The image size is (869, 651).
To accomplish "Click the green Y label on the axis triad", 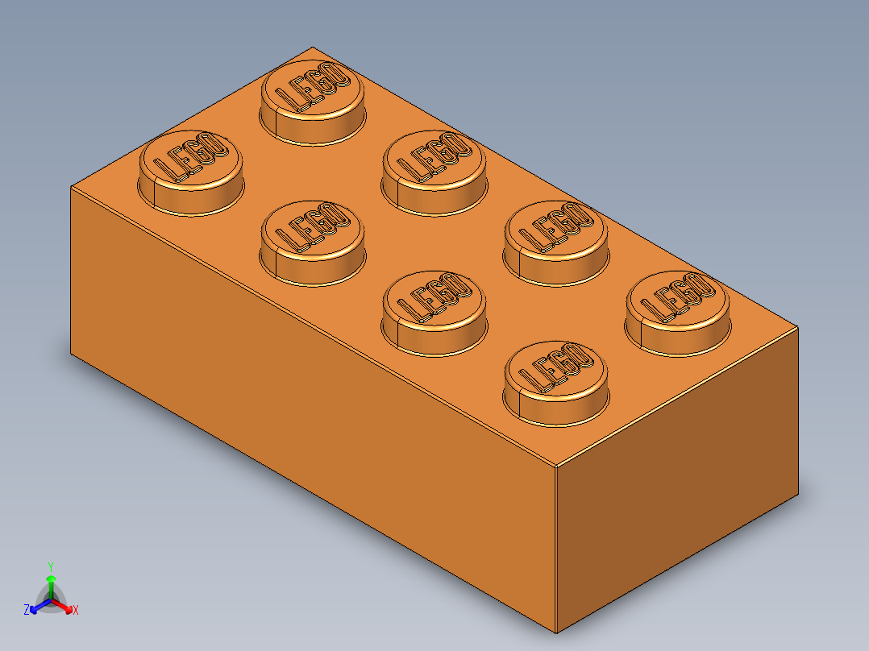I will (x=50, y=566).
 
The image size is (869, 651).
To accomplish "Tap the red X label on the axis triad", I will (x=76, y=611).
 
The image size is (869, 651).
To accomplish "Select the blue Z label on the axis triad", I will (x=27, y=610).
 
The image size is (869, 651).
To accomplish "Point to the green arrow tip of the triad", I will (x=51, y=578).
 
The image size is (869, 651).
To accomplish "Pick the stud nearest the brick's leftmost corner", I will (x=191, y=170).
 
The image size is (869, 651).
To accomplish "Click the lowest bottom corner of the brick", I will (x=556, y=633).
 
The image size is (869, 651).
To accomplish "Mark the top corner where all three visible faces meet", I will (x=557, y=466).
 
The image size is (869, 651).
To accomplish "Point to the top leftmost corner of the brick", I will (x=71, y=187).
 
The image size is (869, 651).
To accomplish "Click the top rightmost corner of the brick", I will (x=798, y=328).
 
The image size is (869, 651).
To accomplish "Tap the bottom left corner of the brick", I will (x=71, y=354).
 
